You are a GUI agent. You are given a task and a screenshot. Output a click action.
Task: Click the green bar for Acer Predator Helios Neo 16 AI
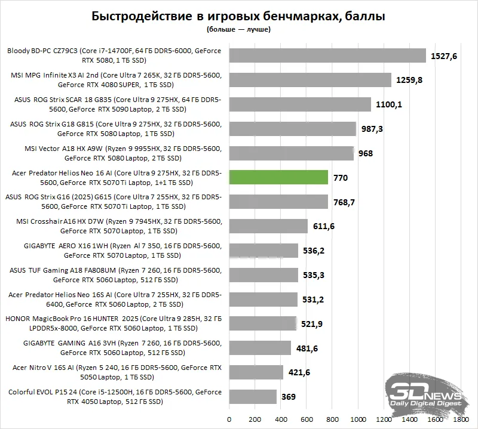click(278, 177)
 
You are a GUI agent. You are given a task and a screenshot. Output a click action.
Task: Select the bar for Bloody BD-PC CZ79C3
click(327, 55)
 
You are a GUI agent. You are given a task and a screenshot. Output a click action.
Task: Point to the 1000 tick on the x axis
click(358, 418)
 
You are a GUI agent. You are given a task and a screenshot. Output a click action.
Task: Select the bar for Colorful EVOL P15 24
click(253, 396)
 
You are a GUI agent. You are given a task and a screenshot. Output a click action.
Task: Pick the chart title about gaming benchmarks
click(238, 16)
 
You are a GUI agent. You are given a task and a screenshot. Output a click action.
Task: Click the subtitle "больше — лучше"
click(238, 29)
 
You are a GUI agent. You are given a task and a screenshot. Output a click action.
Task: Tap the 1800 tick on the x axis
click(461, 418)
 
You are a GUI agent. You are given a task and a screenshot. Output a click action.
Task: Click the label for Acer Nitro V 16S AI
click(116, 372)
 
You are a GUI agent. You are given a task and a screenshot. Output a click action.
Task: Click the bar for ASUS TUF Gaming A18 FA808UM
click(263, 275)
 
